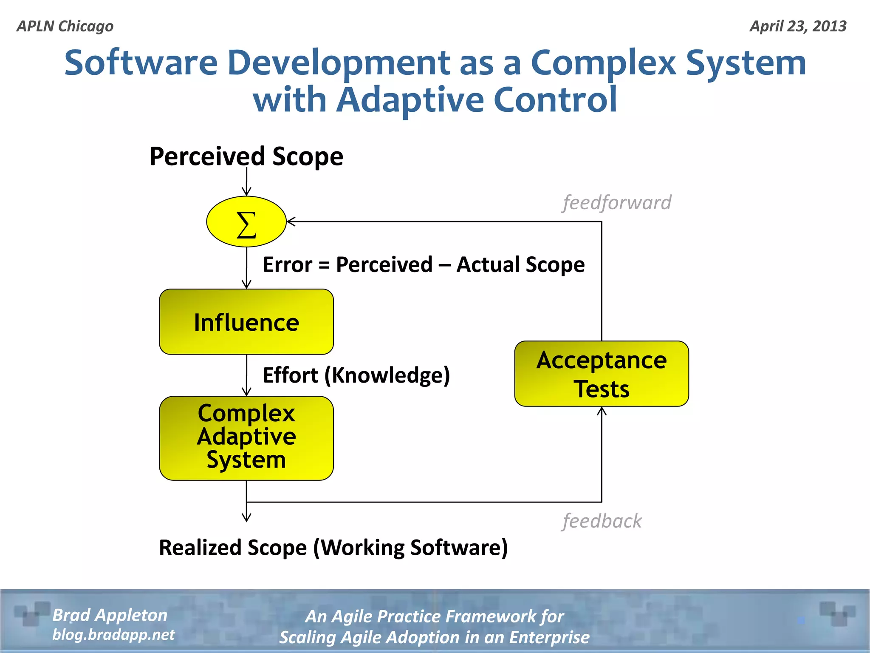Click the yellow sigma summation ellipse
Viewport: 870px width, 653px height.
(x=246, y=221)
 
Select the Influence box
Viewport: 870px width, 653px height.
(x=246, y=322)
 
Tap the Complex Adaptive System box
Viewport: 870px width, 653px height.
(x=246, y=438)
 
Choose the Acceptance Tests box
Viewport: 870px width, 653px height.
(x=601, y=374)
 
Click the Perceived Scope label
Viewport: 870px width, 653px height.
(x=246, y=156)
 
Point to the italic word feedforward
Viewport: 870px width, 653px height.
(x=617, y=202)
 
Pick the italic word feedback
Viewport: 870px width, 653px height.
(x=602, y=521)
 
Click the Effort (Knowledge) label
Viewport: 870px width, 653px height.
(x=356, y=375)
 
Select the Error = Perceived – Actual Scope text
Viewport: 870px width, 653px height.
(x=424, y=264)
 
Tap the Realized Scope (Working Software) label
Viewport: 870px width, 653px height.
(x=333, y=547)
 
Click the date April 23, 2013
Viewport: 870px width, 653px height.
(x=798, y=26)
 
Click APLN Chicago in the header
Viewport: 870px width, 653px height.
(x=65, y=26)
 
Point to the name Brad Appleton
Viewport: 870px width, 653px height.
(x=110, y=615)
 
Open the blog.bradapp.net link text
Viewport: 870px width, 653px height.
(x=113, y=634)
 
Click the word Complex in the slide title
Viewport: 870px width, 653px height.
(x=603, y=63)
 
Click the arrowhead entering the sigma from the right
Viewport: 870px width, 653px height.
(x=291, y=221)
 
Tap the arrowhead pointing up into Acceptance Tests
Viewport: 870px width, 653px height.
(x=602, y=411)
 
